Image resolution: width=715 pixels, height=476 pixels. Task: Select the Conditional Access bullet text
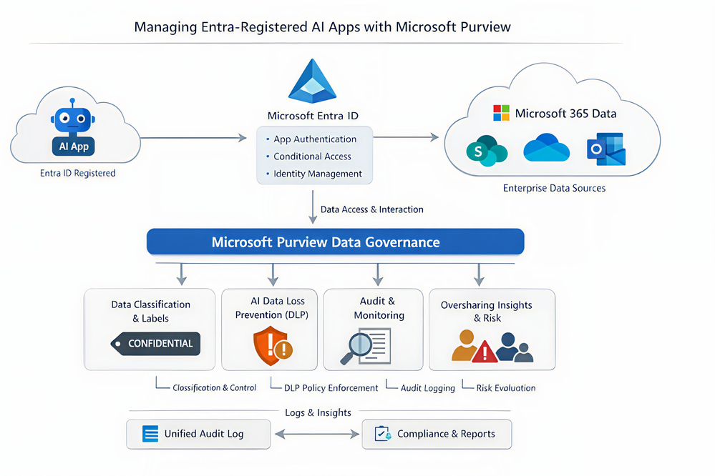(x=312, y=157)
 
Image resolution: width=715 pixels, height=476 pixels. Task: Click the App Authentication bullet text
(x=315, y=139)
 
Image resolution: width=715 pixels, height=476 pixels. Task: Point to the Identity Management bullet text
(x=318, y=174)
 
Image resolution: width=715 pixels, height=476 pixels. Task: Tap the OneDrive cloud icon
(x=546, y=149)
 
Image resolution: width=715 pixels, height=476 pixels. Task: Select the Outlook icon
(x=605, y=149)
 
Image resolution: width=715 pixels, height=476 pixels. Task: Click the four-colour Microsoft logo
(x=501, y=113)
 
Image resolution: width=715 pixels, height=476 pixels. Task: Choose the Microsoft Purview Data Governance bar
(x=335, y=242)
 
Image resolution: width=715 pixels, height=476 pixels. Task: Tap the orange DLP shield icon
(x=272, y=346)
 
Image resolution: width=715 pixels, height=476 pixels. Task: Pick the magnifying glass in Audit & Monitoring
(x=357, y=347)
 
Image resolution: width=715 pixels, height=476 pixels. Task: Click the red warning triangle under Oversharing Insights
(x=485, y=351)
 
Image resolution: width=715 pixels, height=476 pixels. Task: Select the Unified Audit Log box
(x=198, y=434)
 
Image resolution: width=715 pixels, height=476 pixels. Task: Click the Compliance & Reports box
(x=437, y=434)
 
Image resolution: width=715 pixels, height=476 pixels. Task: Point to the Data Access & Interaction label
(x=371, y=209)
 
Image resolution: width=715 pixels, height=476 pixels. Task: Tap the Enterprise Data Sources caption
(x=555, y=188)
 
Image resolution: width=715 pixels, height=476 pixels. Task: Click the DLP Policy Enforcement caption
(x=331, y=388)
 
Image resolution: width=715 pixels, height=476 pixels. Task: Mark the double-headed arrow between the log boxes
(x=316, y=434)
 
